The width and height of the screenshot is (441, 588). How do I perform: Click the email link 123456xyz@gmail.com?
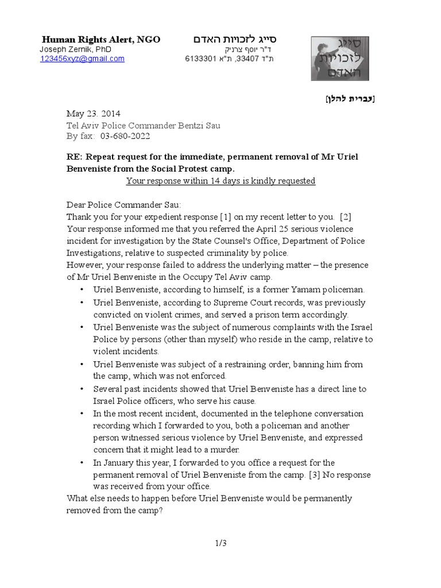(x=82, y=59)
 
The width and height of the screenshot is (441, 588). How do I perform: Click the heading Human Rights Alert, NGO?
(x=101, y=40)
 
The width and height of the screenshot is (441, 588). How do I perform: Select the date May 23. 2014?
(x=94, y=114)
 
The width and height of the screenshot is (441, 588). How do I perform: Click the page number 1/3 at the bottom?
(x=220, y=544)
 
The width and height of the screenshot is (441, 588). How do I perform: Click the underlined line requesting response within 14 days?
(x=220, y=181)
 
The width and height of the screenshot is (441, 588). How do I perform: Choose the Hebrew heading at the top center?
(x=234, y=40)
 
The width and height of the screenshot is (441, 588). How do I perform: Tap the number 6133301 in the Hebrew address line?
(x=200, y=59)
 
